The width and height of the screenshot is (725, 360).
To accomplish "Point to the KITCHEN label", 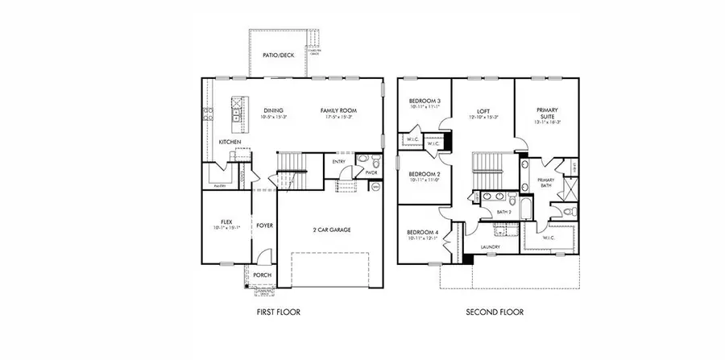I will click(230, 142).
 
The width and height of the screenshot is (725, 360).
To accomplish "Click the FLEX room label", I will click(226, 221).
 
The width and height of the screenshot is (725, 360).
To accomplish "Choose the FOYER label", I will click(264, 226).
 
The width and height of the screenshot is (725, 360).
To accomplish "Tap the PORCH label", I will click(263, 275).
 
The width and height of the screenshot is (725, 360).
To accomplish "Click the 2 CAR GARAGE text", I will click(330, 230).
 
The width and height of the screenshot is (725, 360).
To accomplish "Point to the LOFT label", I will click(483, 110).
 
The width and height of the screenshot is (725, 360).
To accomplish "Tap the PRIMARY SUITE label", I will click(548, 114).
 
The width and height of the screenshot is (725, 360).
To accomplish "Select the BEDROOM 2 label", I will click(423, 174).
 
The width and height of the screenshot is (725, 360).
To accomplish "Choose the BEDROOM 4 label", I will click(423, 233).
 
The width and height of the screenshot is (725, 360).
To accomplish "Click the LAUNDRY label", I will click(490, 247).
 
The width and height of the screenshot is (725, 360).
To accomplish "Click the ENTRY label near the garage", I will click(339, 161).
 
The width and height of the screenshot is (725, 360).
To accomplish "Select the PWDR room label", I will click(371, 172).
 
